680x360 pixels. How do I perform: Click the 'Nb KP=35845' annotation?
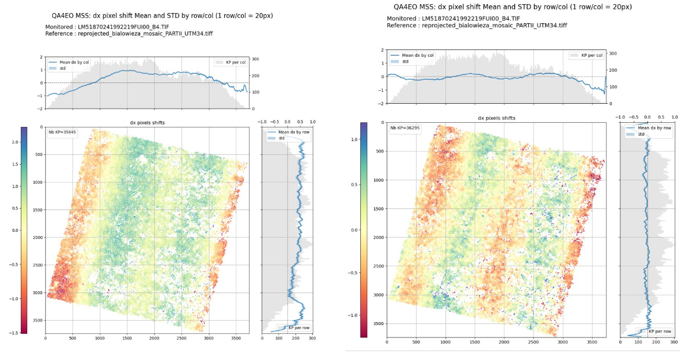(59, 133)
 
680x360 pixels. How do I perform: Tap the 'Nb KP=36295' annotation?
(401, 128)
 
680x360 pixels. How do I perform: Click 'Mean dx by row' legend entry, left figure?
(293, 132)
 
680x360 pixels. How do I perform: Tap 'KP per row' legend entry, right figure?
(659, 331)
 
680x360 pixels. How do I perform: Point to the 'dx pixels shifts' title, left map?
(147, 122)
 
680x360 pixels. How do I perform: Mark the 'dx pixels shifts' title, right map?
(497, 118)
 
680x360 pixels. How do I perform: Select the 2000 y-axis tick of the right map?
(378, 237)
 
